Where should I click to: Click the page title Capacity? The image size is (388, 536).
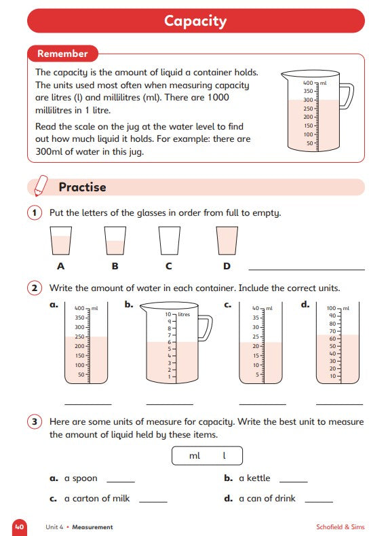tap(195, 21)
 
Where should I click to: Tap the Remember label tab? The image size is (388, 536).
tap(62, 54)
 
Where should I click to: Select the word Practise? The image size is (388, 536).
tap(82, 187)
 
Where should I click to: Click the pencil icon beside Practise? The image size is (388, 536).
tap(41, 186)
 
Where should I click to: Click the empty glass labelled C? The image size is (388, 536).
tap(169, 241)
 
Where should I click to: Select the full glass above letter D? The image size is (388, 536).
tap(227, 241)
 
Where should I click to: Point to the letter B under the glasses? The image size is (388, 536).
tap(115, 266)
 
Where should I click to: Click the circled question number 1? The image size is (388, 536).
tap(35, 212)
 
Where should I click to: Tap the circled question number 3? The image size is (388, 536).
tap(35, 421)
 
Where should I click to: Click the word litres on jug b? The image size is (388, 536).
tap(184, 314)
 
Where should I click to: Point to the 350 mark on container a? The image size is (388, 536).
tap(79, 318)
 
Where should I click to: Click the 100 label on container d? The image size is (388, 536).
tap(331, 308)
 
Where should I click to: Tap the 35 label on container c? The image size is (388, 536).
tap(256, 318)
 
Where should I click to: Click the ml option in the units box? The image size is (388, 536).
tap(195, 456)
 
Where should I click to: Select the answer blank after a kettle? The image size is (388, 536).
tap(294, 482)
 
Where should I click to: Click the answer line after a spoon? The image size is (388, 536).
tap(121, 482)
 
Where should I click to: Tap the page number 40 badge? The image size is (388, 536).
tap(20, 527)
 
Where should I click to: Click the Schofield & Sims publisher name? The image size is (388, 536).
tap(341, 527)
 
